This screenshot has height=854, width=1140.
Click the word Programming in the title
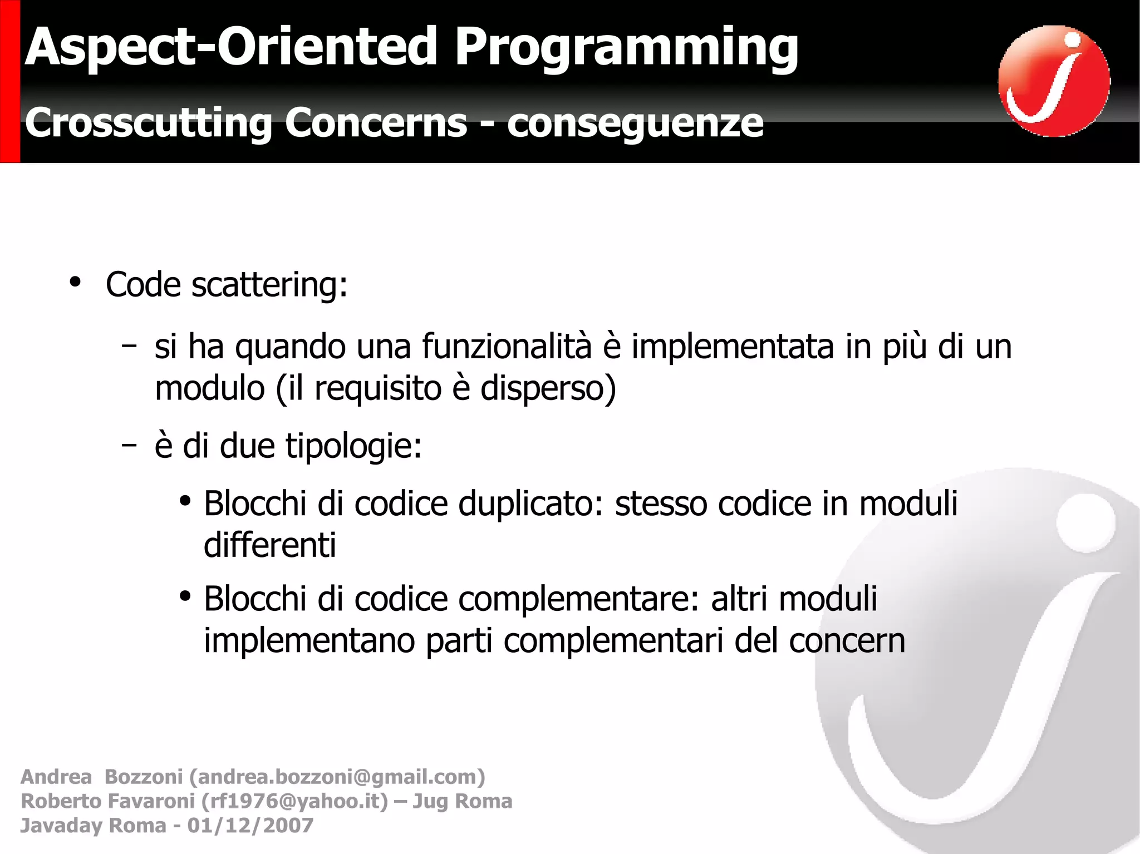[x=626, y=48]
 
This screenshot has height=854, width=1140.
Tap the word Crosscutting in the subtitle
[x=149, y=122]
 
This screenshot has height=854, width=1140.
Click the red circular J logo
[x=1054, y=81]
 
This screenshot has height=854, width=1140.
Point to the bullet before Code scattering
[x=75, y=282]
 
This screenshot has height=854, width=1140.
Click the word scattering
[x=269, y=285]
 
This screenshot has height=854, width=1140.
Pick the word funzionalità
[x=507, y=346]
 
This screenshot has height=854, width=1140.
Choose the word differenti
[x=270, y=545]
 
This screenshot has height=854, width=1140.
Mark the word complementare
[x=579, y=600]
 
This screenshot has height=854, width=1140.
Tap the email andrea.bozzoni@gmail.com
[x=337, y=777]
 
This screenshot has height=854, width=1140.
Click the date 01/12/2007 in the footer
[x=250, y=826]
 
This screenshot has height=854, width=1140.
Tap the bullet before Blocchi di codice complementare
[x=185, y=596]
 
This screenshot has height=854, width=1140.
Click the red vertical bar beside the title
[x=10, y=81]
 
